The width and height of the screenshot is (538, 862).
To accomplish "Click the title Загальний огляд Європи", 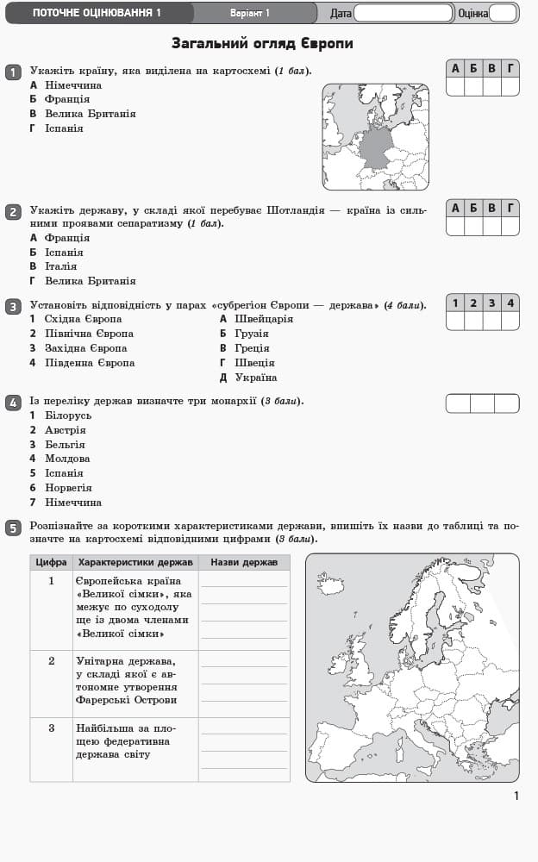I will click(x=262, y=43).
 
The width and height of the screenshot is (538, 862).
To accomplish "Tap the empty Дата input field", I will click(x=403, y=13).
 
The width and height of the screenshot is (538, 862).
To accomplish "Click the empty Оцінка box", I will click(x=503, y=13).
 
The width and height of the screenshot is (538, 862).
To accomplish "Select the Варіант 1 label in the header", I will click(x=250, y=13).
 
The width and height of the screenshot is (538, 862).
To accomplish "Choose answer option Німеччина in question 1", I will click(x=72, y=85).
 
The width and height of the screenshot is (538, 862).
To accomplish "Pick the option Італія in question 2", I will click(x=60, y=266).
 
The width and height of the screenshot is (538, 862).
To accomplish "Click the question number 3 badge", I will click(x=13, y=307).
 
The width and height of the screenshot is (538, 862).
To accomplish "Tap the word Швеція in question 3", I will click(x=254, y=363).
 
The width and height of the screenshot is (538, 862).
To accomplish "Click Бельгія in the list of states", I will click(x=65, y=445).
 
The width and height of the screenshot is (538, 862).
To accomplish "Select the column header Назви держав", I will click(x=244, y=562).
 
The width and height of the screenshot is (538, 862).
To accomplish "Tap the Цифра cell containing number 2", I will click(x=51, y=661).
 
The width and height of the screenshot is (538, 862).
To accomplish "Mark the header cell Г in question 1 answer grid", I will click(x=510, y=68).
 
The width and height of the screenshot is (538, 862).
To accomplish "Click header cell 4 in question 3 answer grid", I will click(x=510, y=303).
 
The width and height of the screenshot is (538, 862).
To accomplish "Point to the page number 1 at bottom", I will click(x=516, y=796).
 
